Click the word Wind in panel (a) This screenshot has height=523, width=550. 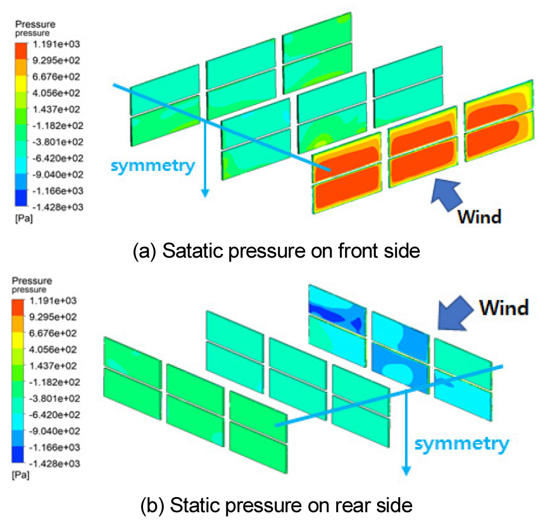[480, 217]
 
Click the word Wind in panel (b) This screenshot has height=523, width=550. [504, 308]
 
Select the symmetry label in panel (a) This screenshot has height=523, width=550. [153, 166]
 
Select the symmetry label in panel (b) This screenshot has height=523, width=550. [461, 444]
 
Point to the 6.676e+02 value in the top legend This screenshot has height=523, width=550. [56, 77]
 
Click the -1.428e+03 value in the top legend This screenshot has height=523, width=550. [58, 207]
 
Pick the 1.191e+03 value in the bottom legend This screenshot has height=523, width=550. [53, 301]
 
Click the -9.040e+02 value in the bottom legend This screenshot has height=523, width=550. [54, 431]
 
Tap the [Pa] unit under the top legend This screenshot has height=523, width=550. [24, 218]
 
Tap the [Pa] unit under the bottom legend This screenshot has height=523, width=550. [21, 476]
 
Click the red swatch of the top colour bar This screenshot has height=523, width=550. [21, 51]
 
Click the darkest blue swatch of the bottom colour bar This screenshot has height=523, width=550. [18, 455]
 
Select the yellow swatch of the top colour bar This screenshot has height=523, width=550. [21, 84]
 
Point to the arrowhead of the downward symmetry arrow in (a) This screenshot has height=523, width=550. [205, 192]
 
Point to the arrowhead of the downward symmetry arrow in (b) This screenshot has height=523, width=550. [406, 470]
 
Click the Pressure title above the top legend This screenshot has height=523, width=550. [35, 24]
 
